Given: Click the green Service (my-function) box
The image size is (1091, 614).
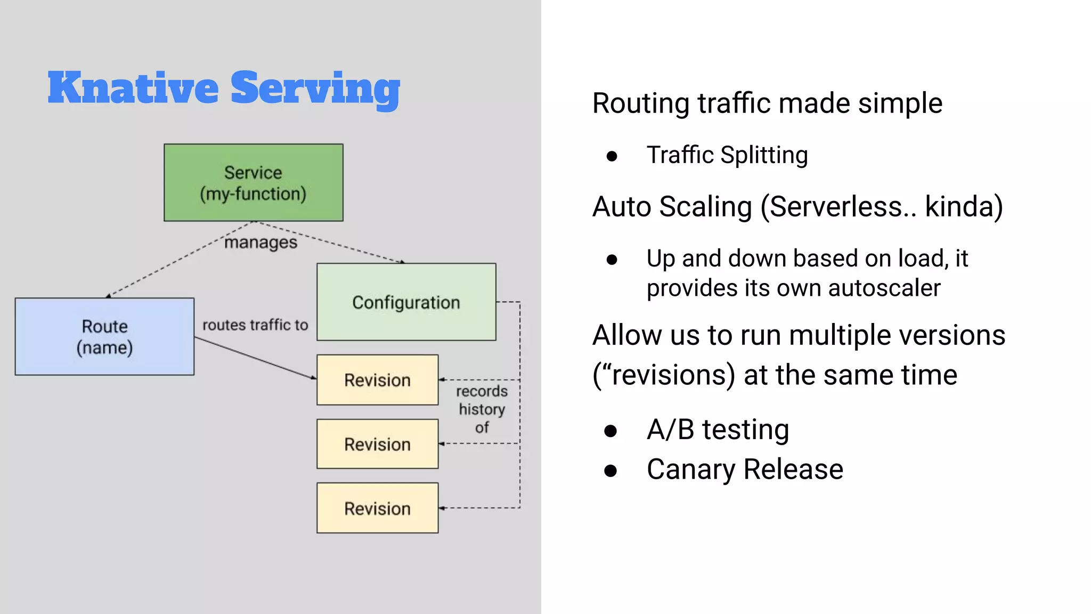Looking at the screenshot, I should coord(253,182).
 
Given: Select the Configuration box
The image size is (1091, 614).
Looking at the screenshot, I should coord(406,302).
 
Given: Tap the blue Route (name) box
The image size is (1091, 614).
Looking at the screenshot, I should coord(104,336).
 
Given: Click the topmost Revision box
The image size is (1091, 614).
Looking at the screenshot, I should coord(377,380).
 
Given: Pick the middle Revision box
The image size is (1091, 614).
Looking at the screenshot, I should coord(377,444).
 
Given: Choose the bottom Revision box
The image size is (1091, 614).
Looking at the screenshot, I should coord(377,508).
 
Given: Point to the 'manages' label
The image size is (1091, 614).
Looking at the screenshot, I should coord(260,243).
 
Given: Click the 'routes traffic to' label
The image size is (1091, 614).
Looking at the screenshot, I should coord(255,325).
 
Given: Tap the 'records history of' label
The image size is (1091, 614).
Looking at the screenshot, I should coord(482,409).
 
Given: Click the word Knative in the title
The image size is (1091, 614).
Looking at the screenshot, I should coord(133,88).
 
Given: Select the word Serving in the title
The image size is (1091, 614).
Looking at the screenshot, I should coord(315,89).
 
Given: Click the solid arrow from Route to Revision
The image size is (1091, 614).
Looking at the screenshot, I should coord(256,358).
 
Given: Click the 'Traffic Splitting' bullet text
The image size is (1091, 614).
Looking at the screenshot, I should coord(727,155).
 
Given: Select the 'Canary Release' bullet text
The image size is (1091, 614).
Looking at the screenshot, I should coord(744,470).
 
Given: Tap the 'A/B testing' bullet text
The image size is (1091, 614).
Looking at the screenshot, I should coord(717,430).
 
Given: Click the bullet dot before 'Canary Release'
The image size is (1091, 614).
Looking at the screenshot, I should coord(611,471).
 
